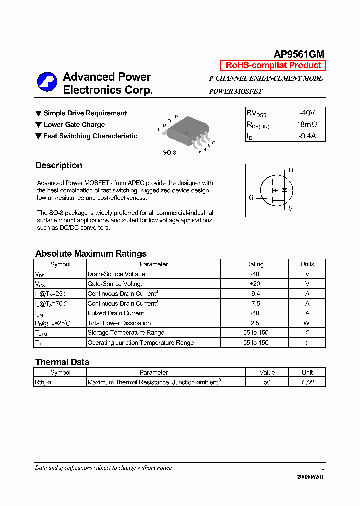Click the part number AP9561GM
pyautogui.click(x=299, y=55)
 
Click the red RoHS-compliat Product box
pyautogui.click(x=273, y=65)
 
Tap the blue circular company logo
pyautogui.click(x=47, y=82)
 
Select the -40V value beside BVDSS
pyautogui.click(x=307, y=113)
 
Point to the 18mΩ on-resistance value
pyautogui.click(x=307, y=124)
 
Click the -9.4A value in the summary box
pyautogui.click(x=307, y=136)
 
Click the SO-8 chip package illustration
pyautogui.click(x=186, y=132)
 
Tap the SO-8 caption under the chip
pyautogui.click(x=170, y=152)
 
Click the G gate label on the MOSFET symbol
pyautogui.click(x=251, y=197)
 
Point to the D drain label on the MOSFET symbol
pyautogui.click(x=291, y=170)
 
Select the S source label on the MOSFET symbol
pyautogui.click(x=291, y=208)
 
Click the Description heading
pyautogui.click(x=59, y=165)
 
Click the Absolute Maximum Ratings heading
pyautogui.click(x=91, y=253)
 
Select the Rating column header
pyautogui.click(x=255, y=264)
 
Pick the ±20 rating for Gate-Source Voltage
pyautogui.click(x=255, y=284)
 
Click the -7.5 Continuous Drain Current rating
pyautogui.click(x=255, y=303)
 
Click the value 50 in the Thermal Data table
pyautogui.click(x=267, y=382)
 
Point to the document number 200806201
pyautogui.click(x=310, y=477)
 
